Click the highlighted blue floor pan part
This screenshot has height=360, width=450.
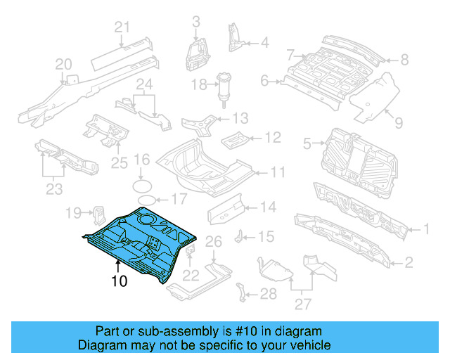(x=141, y=243)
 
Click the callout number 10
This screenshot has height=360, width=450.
(x=119, y=282)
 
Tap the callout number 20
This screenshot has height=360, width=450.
(x=63, y=65)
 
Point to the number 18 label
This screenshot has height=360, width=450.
(x=200, y=85)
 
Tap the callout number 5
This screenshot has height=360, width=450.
(x=307, y=144)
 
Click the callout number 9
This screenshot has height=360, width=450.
(x=398, y=123)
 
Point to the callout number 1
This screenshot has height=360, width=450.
(x=425, y=229)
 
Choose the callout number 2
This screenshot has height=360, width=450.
(x=409, y=264)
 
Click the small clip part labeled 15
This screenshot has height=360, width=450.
(x=240, y=234)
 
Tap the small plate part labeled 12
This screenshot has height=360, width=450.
(x=232, y=138)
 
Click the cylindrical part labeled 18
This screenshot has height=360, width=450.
(x=226, y=89)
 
